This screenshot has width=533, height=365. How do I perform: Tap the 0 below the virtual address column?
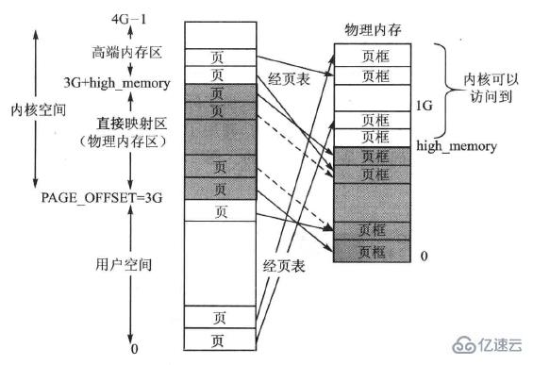[x=135, y=349]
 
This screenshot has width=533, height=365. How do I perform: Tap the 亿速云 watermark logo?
[x=500, y=344]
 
